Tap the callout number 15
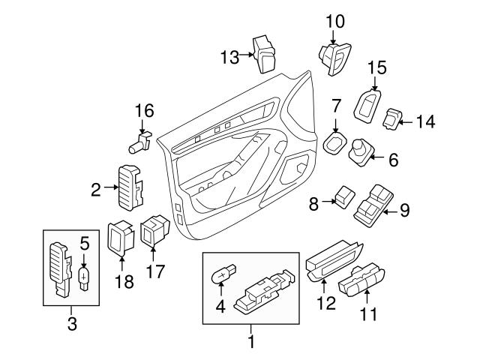tap(376, 68)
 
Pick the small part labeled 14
tap(394, 118)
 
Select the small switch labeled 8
tap(345, 197)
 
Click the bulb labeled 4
tap(222, 277)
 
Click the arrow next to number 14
tap(408, 119)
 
